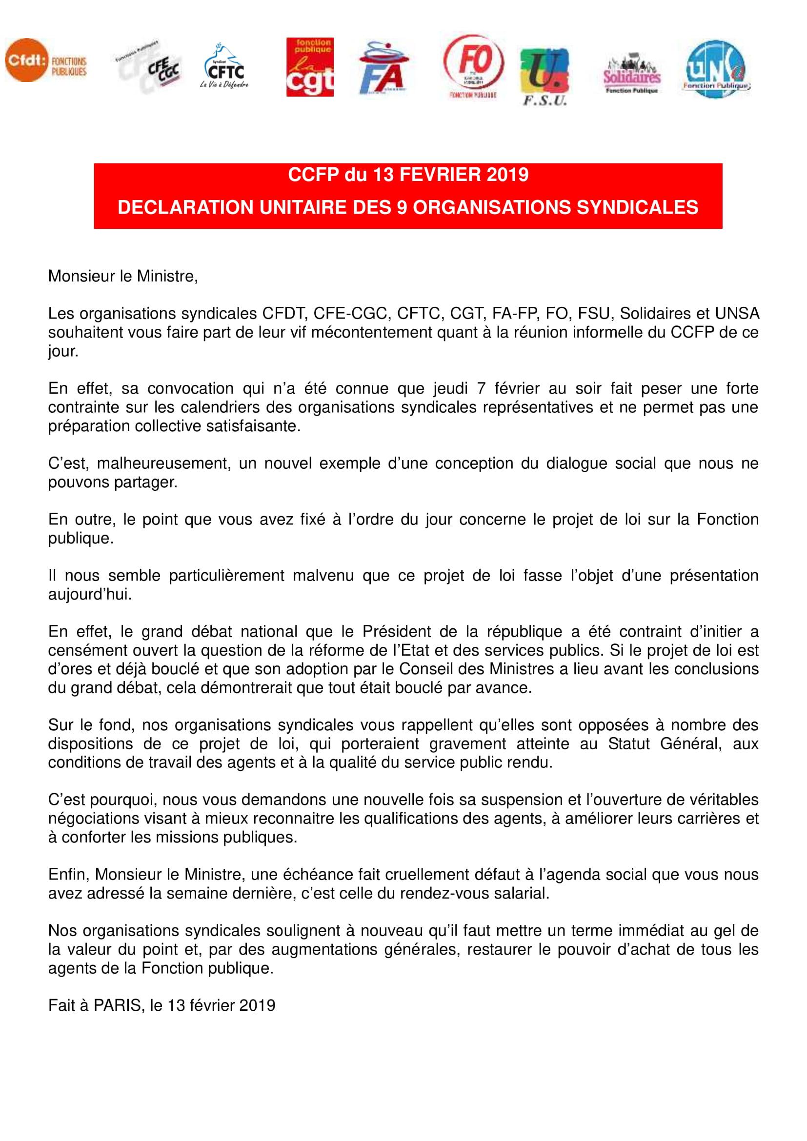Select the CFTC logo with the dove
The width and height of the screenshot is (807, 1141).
224,68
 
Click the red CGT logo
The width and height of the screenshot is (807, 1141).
310,67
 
